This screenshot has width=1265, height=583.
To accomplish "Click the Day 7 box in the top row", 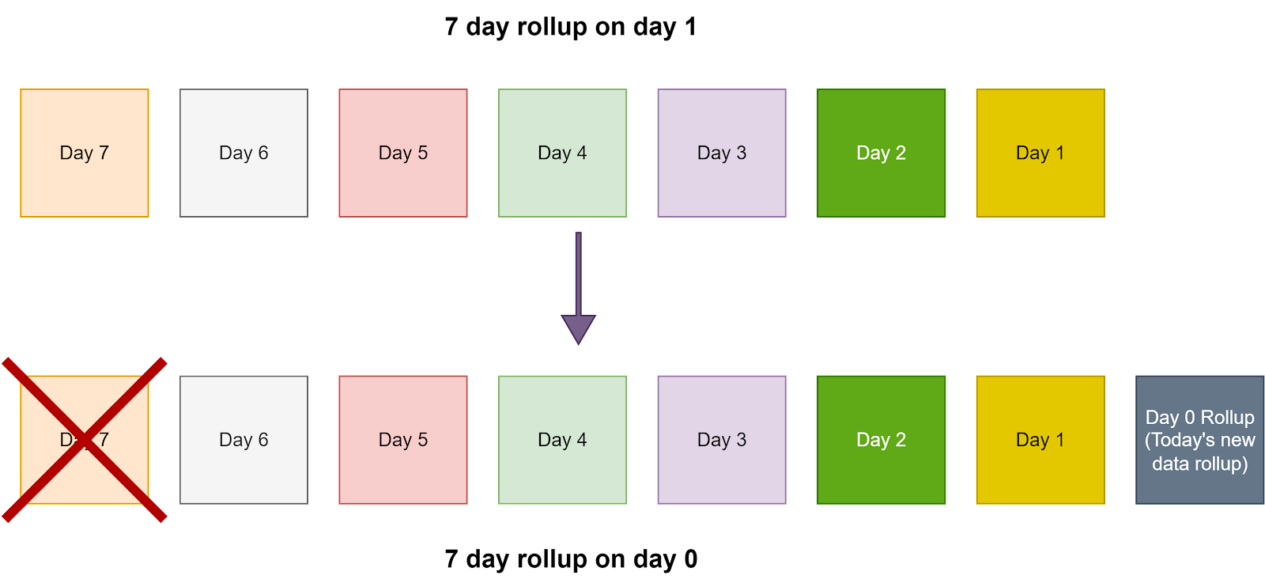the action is (x=84, y=153).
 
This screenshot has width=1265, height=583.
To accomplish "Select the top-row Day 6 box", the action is (x=244, y=153).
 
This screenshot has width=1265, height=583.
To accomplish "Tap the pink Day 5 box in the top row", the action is (x=403, y=153).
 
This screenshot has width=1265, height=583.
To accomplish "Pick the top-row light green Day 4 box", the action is (x=562, y=153).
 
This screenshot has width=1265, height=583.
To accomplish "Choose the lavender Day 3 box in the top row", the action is (x=722, y=153).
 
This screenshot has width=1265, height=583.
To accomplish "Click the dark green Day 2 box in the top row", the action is (x=881, y=153).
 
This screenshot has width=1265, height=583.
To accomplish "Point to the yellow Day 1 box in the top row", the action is (x=1040, y=153).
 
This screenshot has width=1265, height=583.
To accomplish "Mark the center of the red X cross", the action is (x=85, y=440).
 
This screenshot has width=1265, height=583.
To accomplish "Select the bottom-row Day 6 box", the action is (x=244, y=440).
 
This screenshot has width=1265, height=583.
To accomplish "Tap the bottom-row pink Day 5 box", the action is (x=403, y=440).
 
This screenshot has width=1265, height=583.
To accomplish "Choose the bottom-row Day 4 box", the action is (x=562, y=440).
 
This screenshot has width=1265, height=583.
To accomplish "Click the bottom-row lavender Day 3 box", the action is (x=722, y=440).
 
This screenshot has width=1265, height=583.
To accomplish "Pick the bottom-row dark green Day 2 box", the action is (x=881, y=440).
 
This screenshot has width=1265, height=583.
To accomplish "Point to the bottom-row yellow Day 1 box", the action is (x=1040, y=440).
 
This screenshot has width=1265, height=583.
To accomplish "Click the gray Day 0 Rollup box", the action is (x=1200, y=440).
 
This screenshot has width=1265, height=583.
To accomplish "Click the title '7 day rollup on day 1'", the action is (x=570, y=27).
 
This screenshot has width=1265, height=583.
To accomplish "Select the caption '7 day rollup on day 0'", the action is (x=571, y=559).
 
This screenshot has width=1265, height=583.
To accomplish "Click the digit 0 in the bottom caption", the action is (x=691, y=558).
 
